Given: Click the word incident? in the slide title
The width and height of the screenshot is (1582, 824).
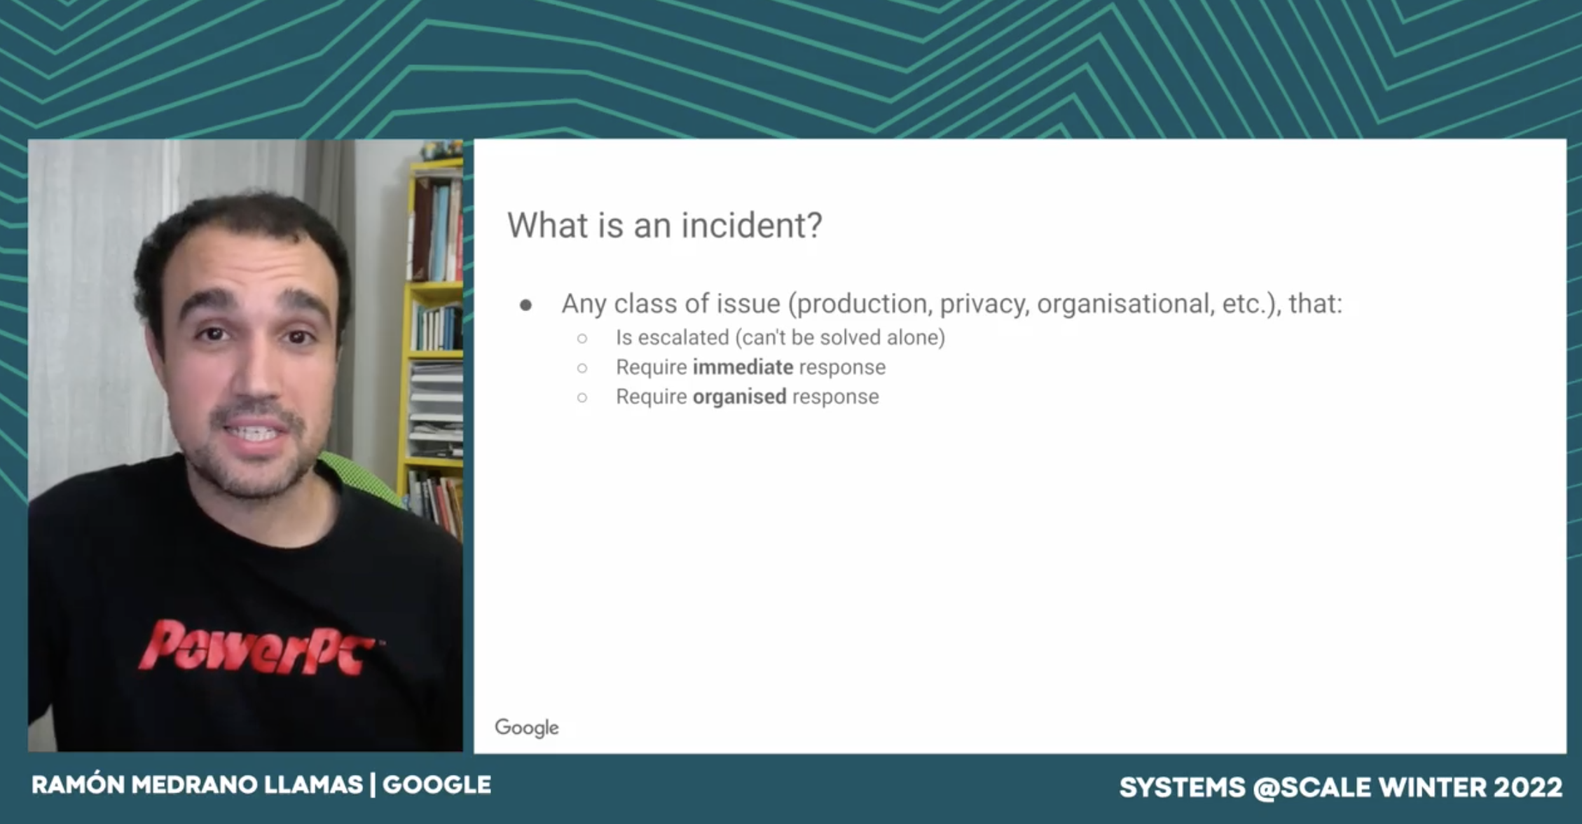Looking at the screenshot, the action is [x=752, y=226].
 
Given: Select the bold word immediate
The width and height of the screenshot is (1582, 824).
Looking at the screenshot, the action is [x=743, y=367].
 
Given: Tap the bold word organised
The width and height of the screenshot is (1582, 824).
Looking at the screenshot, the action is [x=739, y=397].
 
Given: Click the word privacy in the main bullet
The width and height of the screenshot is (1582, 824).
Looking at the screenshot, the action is [x=984, y=305].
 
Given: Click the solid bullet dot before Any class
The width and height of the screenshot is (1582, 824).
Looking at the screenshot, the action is [x=526, y=305].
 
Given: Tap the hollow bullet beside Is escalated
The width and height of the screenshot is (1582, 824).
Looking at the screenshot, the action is [x=582, y=338].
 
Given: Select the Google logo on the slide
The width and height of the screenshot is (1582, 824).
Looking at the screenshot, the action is [x=527, y=727].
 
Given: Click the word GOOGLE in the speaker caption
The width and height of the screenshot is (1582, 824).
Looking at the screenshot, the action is [x=436, y=785].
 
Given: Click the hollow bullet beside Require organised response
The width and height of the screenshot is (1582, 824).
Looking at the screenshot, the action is [x=582, y=397].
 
